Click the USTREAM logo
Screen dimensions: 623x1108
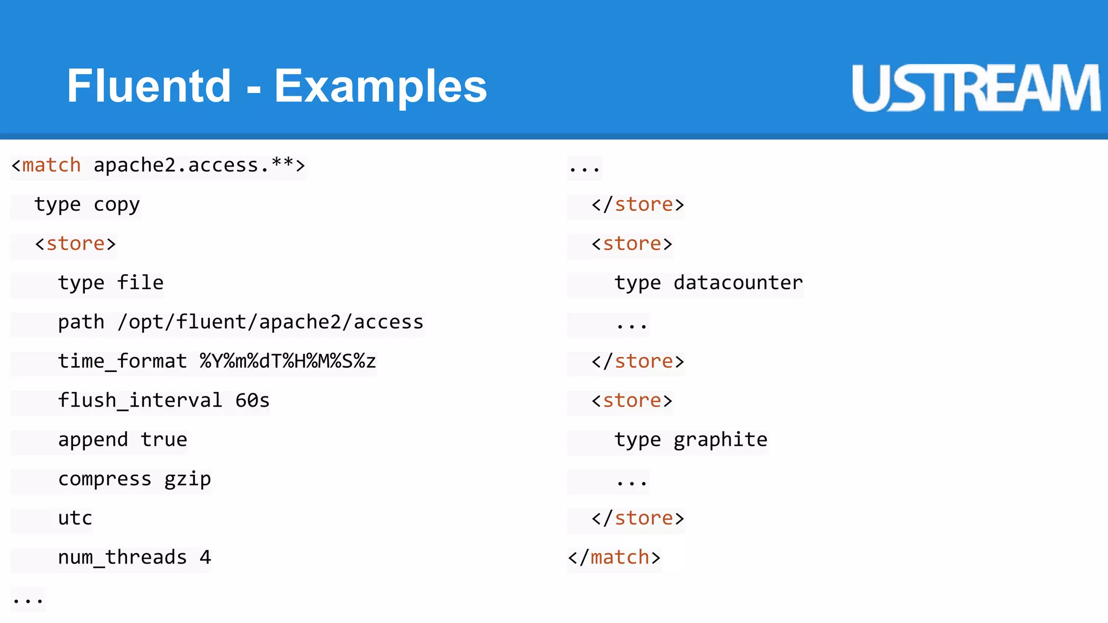(x=975, y=88)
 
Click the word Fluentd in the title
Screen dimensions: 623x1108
(x=149, y=87)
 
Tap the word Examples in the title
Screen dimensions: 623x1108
(x=380, y=87)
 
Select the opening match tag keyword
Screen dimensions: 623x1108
(x=51, y=165)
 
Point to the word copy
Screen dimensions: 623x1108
(x=116, y=205)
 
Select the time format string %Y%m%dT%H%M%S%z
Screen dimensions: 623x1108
(x=288, y=361)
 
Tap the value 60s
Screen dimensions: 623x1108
(x=252, y=401)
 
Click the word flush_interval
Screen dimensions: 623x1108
(x=140, y=401)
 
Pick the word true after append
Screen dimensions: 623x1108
(x=164, y=440)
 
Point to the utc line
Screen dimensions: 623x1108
(x=75, y=518)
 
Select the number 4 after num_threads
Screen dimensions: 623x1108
(x=205, y=558)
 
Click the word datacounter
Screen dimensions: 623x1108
(x=738, y=283)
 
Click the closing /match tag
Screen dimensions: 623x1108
(x=614, y=558)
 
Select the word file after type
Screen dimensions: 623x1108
(x=140, y=283)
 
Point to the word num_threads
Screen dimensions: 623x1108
(x=122, y=558)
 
